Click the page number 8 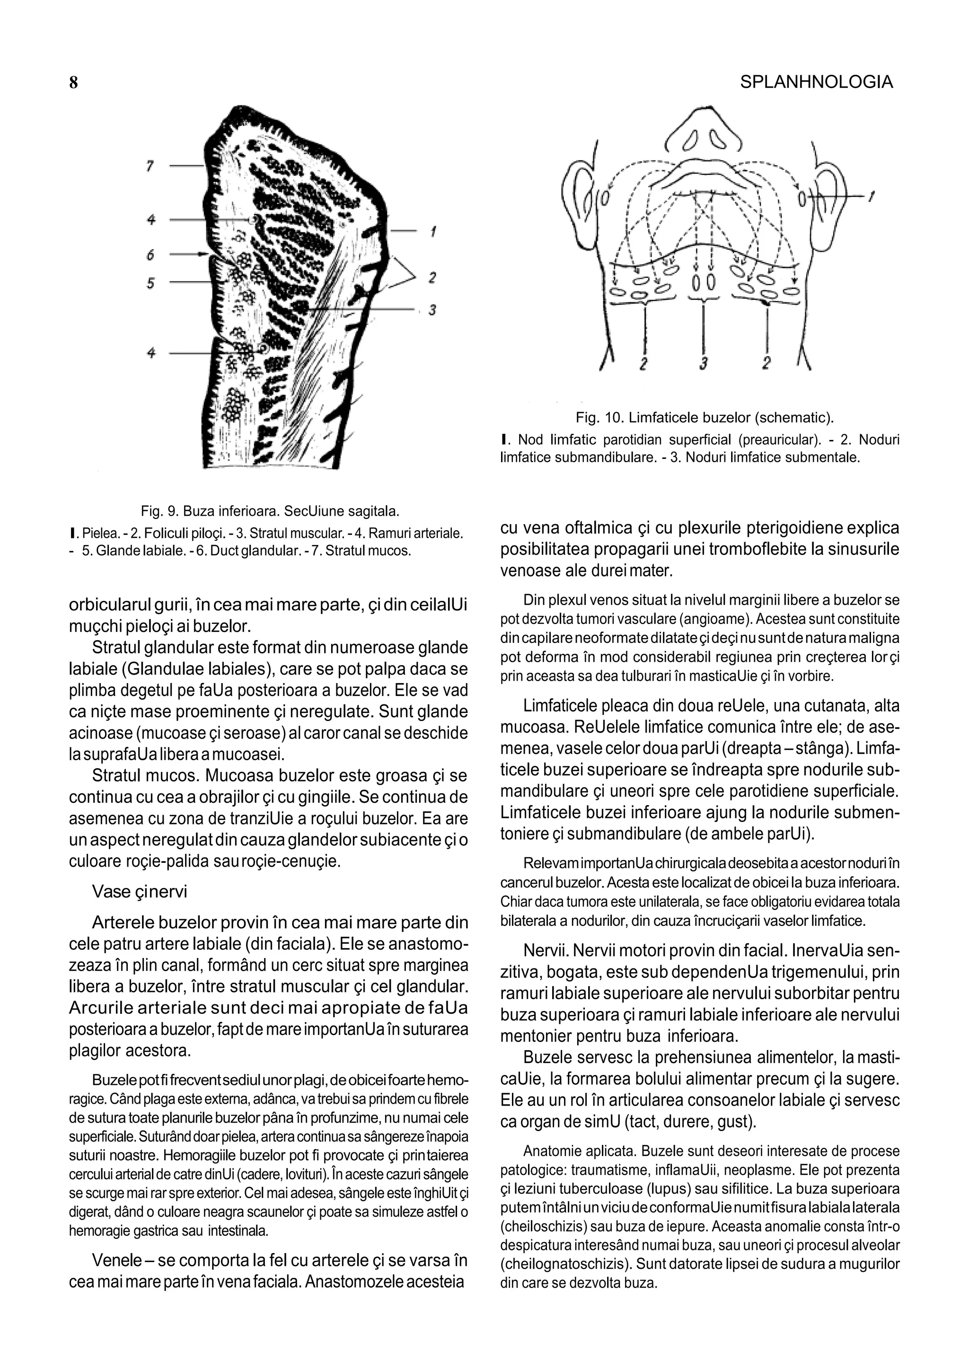click(73, 83)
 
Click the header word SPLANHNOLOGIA click(816, 82)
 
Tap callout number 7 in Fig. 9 click(150, 166)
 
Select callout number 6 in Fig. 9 click(150, 255)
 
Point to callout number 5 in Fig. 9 click(150, 283)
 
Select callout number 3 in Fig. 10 click(704, 363)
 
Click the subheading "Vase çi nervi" click(139, 891)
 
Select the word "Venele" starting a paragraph click(116, 1261)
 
